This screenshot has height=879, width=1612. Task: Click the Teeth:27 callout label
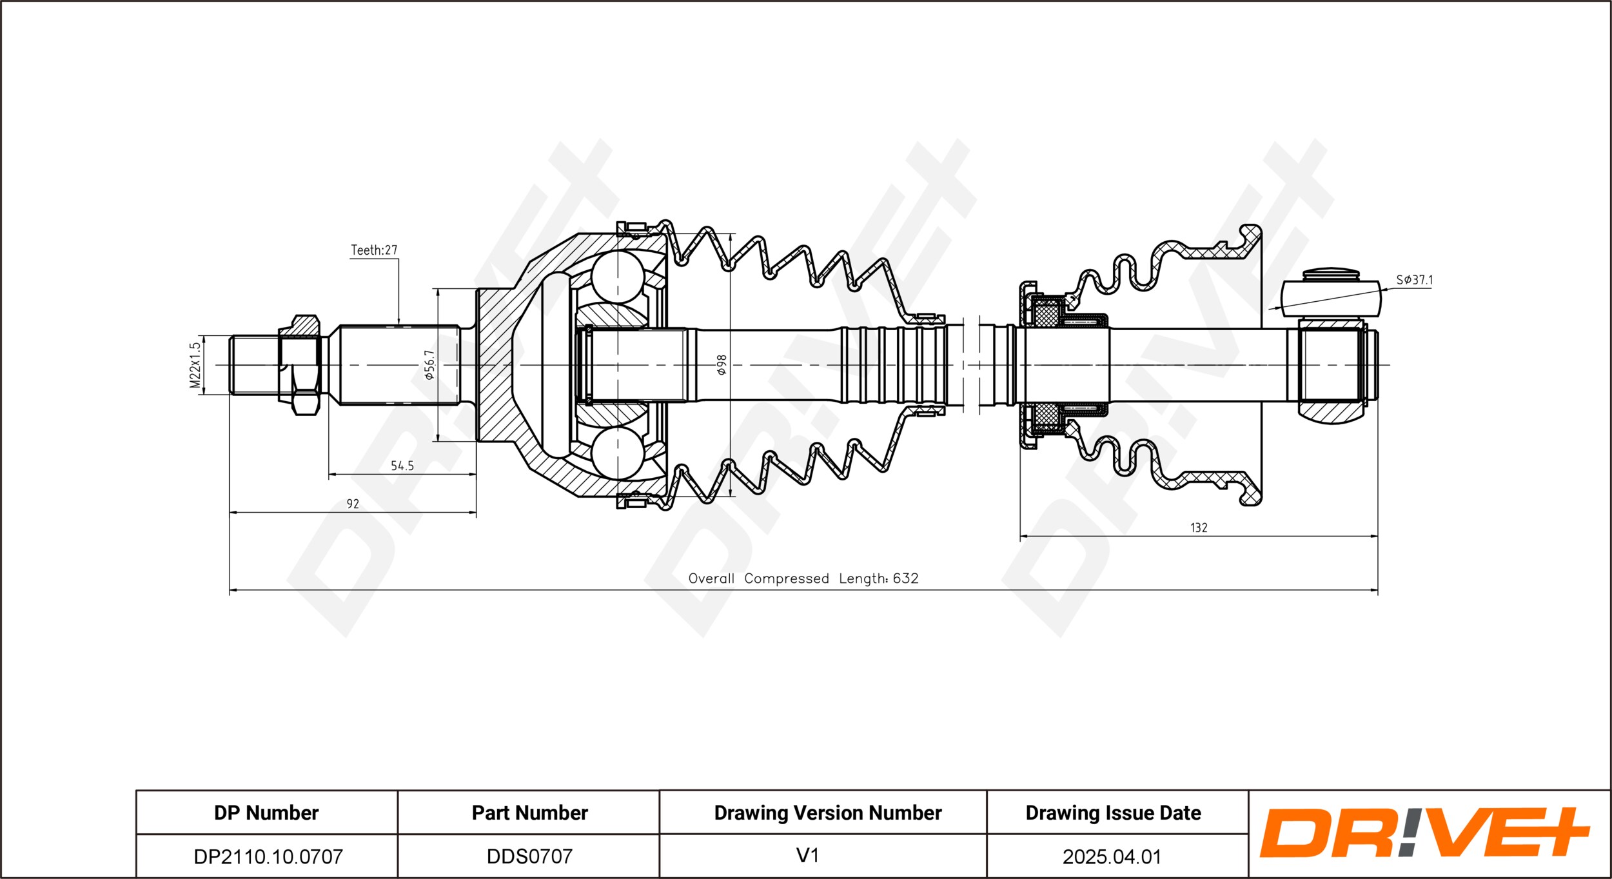pos(374,250)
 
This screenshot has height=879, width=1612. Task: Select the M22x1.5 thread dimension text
pos(195,365)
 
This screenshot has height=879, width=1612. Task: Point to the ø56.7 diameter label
pos(429,364)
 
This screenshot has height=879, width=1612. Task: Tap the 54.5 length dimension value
pos(402,466)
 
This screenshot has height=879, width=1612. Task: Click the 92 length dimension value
pos(353,504)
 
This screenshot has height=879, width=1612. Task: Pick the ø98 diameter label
pos(722,365)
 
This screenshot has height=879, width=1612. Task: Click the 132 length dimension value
pos(1199,528)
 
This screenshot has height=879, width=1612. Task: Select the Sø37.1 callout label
pos(1414,280)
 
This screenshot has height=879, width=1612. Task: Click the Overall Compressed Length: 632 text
pos(803,578)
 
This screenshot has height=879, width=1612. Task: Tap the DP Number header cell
pos(266,813)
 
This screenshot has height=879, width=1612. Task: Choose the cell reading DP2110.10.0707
pos(268,856)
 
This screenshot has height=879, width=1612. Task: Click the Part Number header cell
pos(529,813)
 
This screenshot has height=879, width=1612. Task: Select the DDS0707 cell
pos(529,856)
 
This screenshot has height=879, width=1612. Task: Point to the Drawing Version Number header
pos(828,813)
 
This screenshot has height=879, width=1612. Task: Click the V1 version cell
pos(807,856)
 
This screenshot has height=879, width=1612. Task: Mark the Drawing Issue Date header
pos(1114,813)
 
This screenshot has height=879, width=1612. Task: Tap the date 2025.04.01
pos(1112,856)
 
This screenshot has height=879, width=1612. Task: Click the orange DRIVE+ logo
pos(1425,833)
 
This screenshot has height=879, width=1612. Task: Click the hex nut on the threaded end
pos(300,365)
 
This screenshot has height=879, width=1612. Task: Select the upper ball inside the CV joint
pos(618,277)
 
